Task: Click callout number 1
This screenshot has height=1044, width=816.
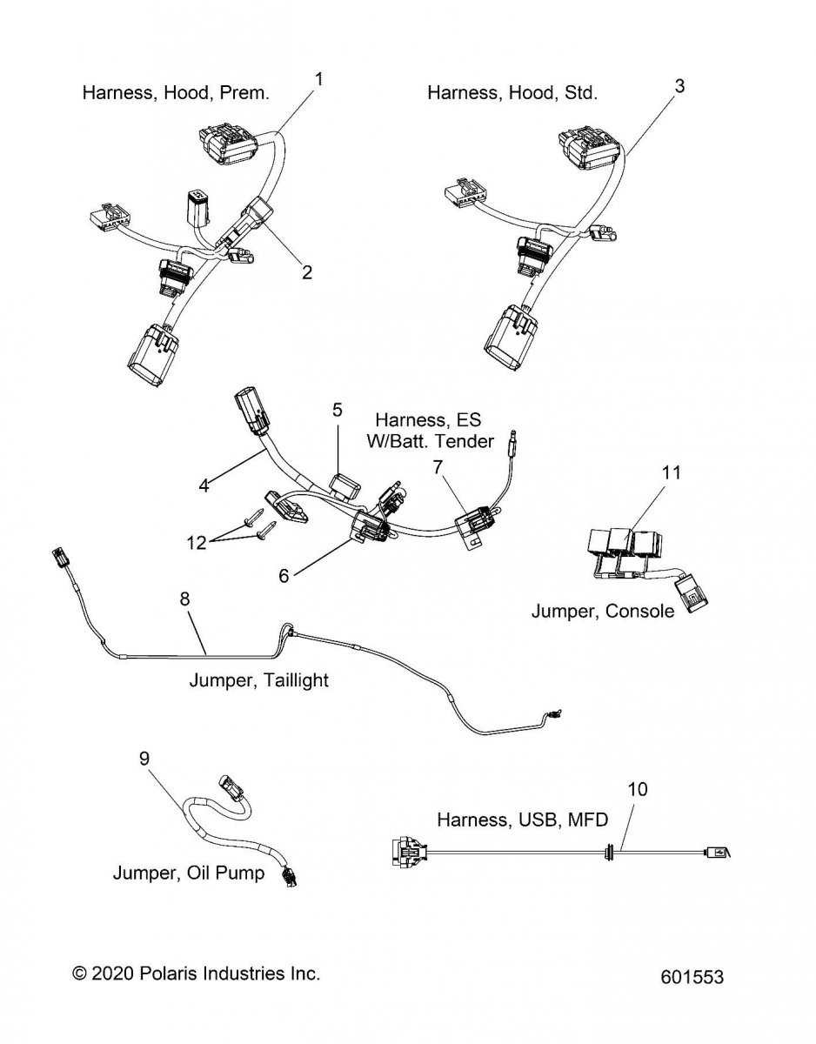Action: tap(319, 79)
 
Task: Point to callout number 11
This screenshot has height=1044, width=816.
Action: tap(671, 473)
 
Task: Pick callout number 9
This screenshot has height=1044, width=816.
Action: tap(144, 759)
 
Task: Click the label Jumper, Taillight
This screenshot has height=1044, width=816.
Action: tap(259, 679)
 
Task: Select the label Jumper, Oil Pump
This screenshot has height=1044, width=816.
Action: tap(188, 873)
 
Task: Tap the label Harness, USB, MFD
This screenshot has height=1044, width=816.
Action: tap(522, 819)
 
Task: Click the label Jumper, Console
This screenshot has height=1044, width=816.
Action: tap(602, 611)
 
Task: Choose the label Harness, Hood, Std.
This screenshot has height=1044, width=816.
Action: tap(512, 92)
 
